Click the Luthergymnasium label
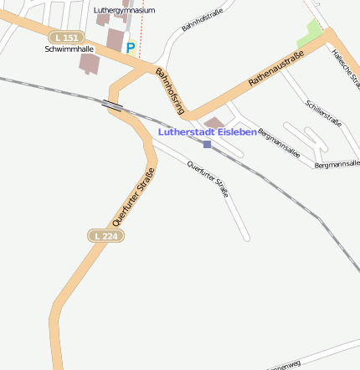[x=124, y=10]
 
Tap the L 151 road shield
[x=65, y=38]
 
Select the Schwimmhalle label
[x=69, y=49]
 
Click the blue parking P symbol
[x=131, y=49]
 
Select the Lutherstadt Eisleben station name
[x=208, y=132]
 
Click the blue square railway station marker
[x=207, y=144]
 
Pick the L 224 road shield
[x=105, y=236]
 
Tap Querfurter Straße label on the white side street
[x=208, y=179]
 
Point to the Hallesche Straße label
[x=345, y=67]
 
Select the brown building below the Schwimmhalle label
[x=88, y=62]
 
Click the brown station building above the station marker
[x=215, y=123]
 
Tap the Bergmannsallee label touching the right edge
[x=337, y=164]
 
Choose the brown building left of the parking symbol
[x=115, y=39]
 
